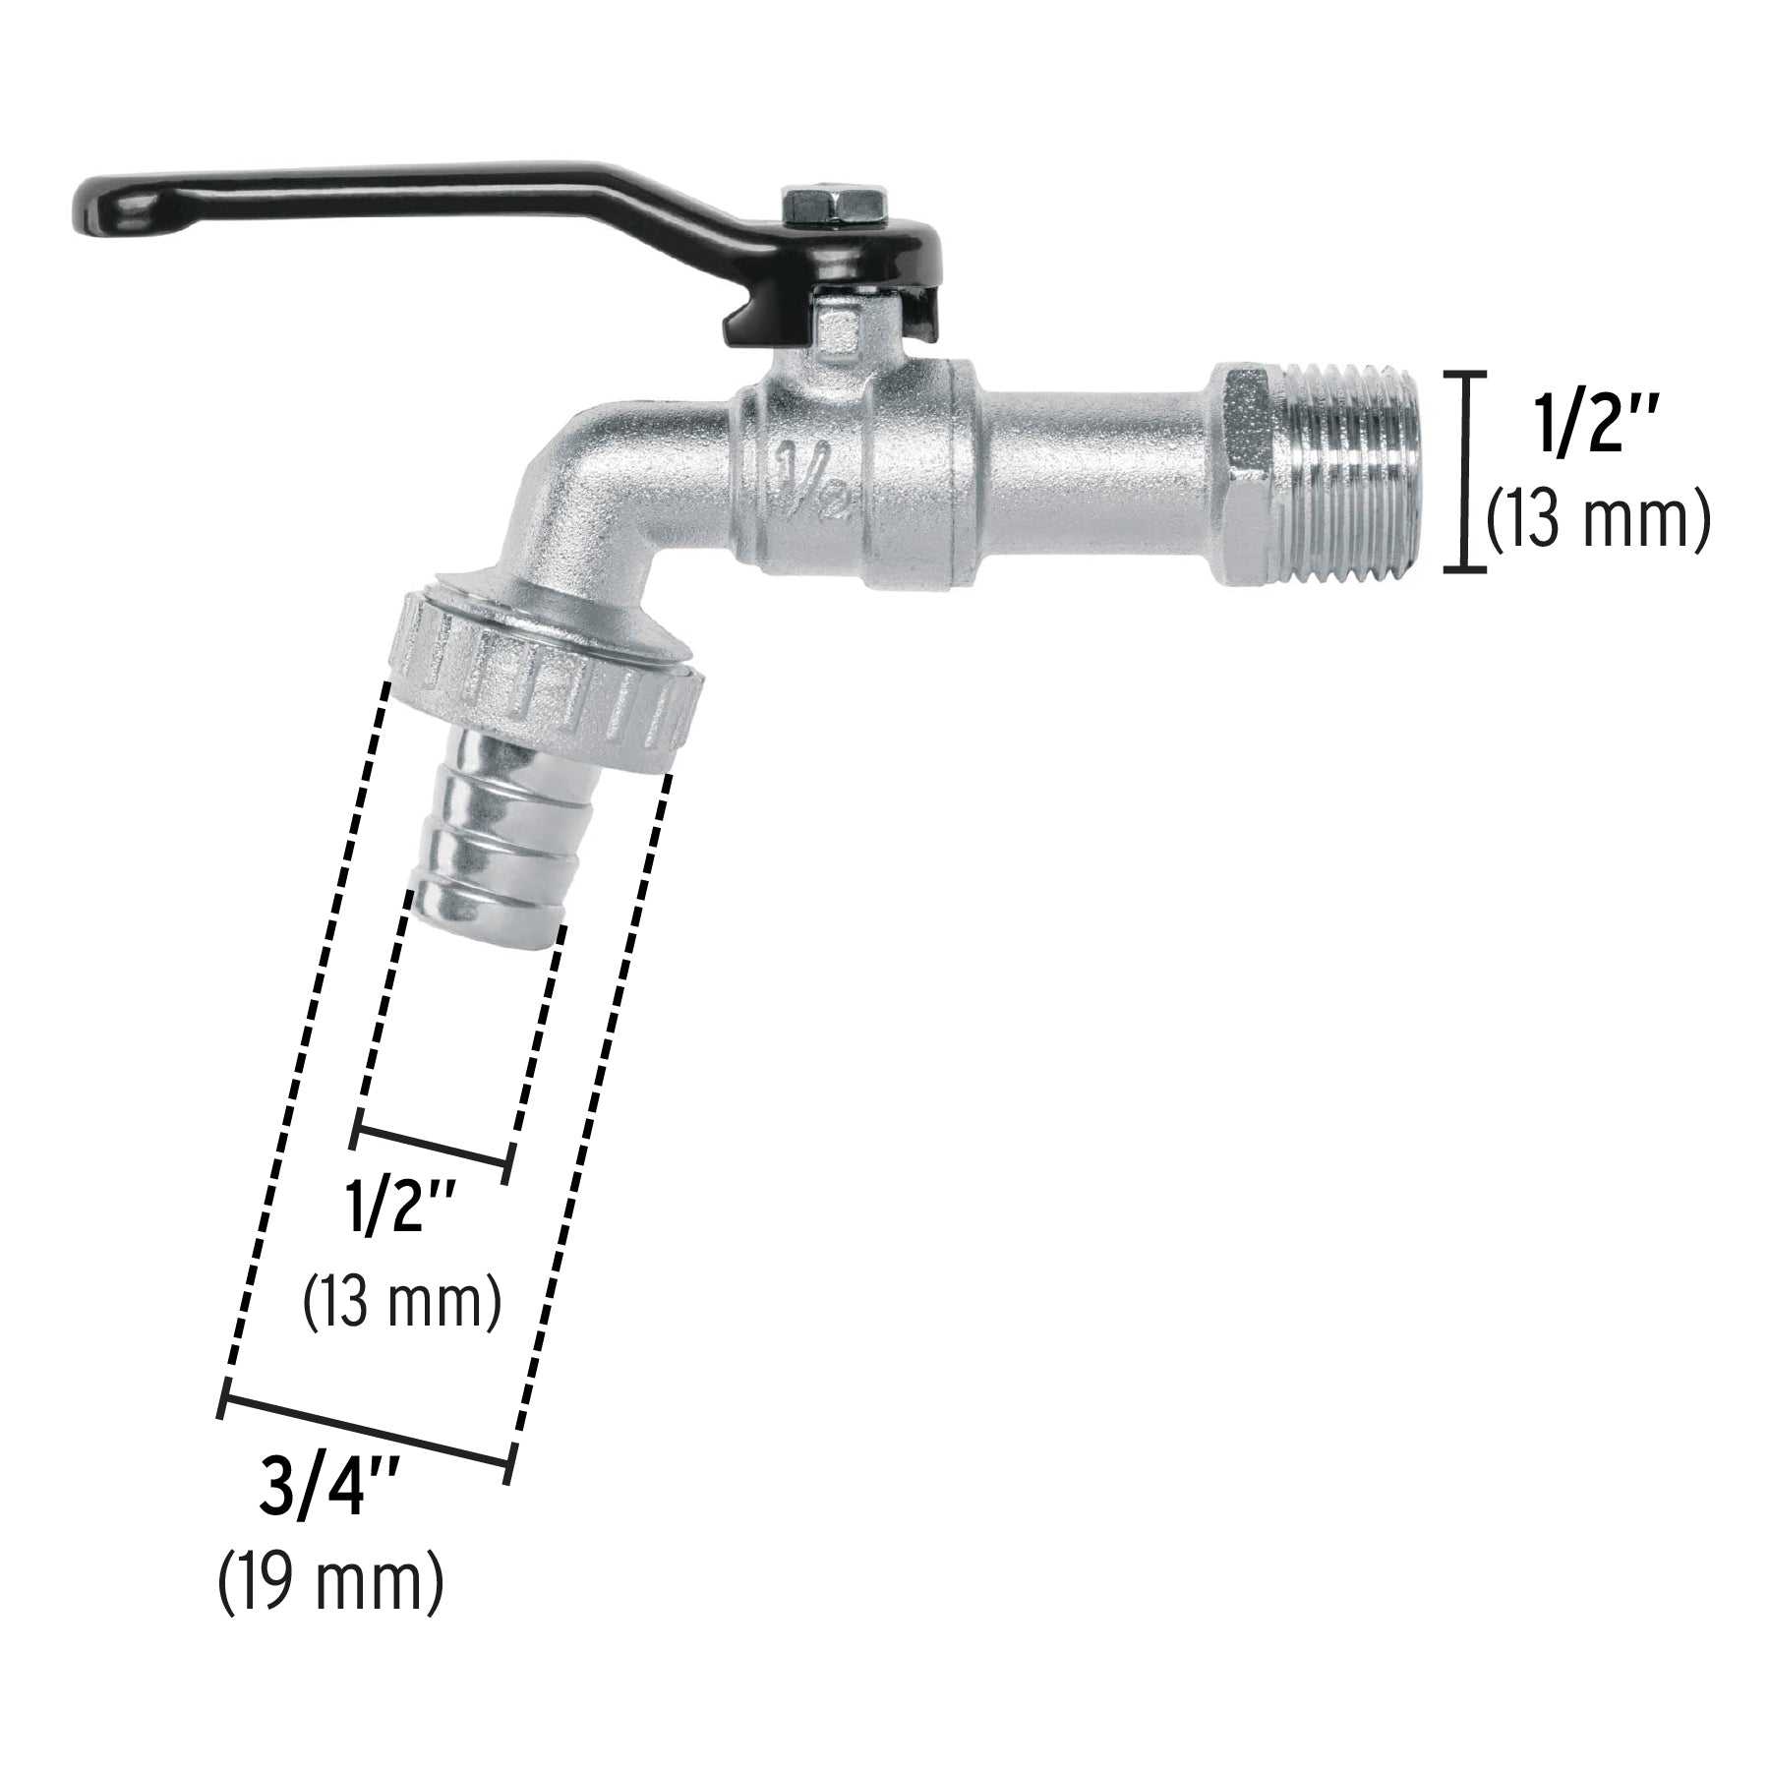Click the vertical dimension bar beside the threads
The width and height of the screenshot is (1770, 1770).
[x=1464, y=472]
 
